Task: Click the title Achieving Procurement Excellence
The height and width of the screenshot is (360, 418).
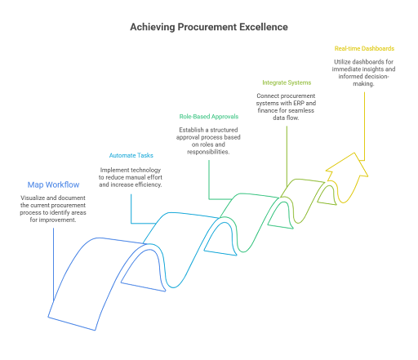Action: coord(209,27)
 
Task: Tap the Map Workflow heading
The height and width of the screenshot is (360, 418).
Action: coord(53,184)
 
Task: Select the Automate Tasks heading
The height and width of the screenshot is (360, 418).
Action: coord(131,155)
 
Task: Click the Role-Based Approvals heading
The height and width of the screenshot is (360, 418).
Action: coord(209,117)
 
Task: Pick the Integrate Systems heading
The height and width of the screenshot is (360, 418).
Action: coord(287,82)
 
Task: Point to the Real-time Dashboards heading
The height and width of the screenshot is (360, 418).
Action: coord(364,48)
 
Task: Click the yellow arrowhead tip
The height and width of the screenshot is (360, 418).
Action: coord(354,153)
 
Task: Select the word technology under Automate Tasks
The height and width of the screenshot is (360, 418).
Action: coord(146,171)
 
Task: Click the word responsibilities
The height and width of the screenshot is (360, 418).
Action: coord(208,152)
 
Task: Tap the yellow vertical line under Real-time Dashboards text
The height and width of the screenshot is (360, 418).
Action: coord(364,127)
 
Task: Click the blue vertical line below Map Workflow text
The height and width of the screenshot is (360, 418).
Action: coord(53,264)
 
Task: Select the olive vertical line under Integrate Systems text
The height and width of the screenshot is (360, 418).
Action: coord(287,156)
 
